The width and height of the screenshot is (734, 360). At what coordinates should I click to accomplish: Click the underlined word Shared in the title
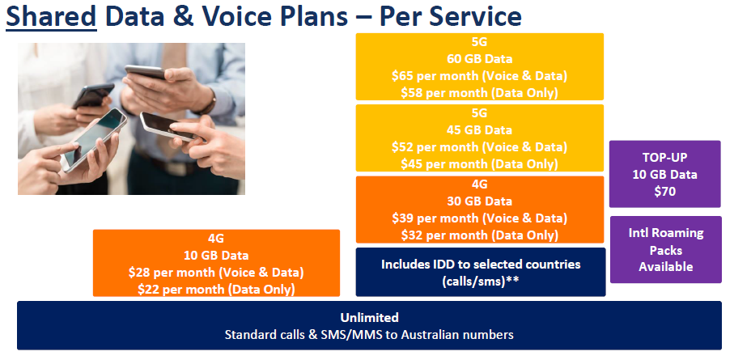(x=51, y=16)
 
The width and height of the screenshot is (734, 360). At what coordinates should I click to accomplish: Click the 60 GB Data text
(x=479, y=59)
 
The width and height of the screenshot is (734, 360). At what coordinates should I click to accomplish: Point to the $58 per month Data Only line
(x=479, y=93)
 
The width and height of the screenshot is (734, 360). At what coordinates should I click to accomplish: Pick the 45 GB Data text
(x=479, y=130)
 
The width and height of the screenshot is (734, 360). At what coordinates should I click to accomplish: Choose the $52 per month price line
(x=479, y=147)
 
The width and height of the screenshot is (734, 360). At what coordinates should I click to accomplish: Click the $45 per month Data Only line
(x=479, y=164)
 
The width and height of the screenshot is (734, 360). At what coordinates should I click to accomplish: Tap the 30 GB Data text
(x=479, y=201)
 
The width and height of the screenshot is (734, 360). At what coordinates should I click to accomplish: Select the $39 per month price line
(x=479, y=218)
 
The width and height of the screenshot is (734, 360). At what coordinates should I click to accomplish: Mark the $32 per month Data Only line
(x=479, y=235)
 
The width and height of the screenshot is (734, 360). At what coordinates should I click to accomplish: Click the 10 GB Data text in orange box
(x=216, y=256)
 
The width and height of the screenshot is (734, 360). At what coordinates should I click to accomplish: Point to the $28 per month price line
(x=216, y=273)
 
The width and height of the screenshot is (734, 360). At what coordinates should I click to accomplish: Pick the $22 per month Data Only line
(x=216, y=290)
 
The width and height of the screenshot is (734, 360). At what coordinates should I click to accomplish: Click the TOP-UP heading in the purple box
(x=664, y=158)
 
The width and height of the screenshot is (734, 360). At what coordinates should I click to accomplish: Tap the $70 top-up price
(x=664, y=192)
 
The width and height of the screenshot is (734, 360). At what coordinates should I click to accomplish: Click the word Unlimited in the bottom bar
(x=369, y=318)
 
